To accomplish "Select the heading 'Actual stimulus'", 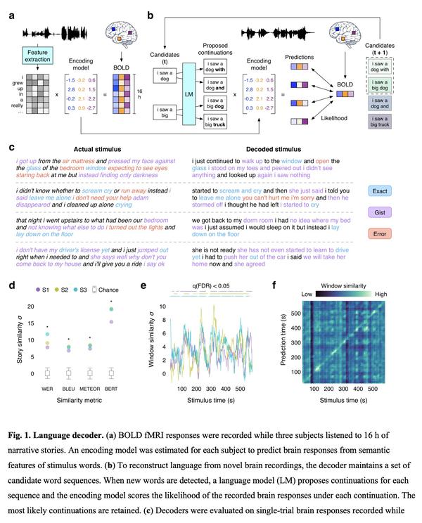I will (97, 148).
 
